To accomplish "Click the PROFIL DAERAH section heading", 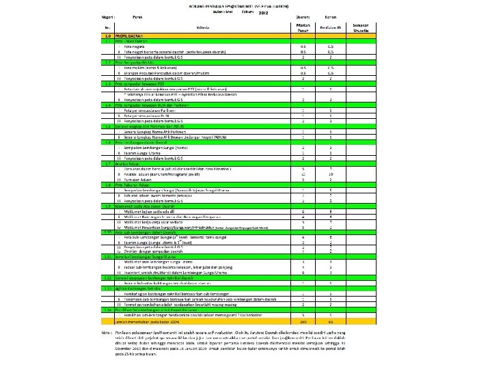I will tap(131, 36).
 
